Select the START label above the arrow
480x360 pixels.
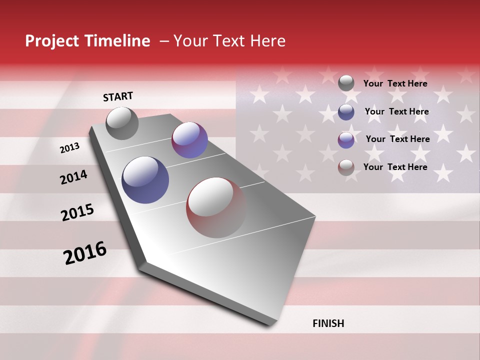(x=118, y=96)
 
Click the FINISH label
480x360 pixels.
(x=328, y=323)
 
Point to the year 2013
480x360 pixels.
(x=69, y=148)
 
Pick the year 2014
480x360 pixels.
(x=73, y=177)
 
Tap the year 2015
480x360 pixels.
(x=77, y=212)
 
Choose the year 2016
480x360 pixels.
(x=85, y=253)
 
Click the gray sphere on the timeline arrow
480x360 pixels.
(x=122, y=123)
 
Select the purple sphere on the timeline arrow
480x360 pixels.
(x=189, y=140)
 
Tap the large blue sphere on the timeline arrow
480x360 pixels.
(x=145, y=180)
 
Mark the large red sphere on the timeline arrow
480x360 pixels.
(x=216, y=207)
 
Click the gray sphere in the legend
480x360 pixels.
(x=346, y=83)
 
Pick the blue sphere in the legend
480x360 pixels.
(x=346, y=112)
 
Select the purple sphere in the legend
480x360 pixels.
(x=346, y=140)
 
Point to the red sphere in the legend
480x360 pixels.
(x=346, y=167)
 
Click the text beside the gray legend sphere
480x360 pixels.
(x=395, y=83)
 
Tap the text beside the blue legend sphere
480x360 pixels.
(x=397, y=111)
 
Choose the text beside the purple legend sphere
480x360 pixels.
(x=398, y=139)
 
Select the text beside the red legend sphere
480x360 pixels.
(x=395, y=167)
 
